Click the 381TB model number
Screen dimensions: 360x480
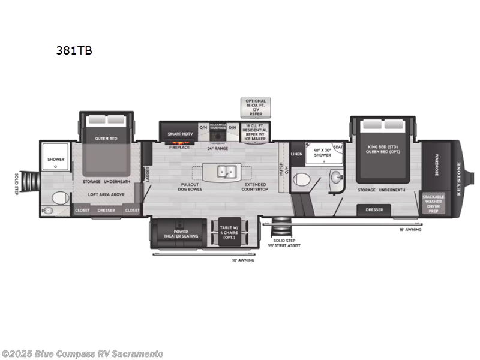pos(74,50)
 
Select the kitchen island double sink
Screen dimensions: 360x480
pos(226,172)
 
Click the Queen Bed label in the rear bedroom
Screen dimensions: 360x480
pos(106,139)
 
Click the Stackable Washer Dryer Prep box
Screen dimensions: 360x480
pos(433,204)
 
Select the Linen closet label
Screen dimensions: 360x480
pos(297,154)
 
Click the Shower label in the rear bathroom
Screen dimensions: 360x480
pos(56,159)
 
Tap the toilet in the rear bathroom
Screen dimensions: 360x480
pos(58,198)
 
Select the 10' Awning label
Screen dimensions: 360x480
pos(243,260)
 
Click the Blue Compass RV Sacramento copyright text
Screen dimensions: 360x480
pos(83,353)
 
